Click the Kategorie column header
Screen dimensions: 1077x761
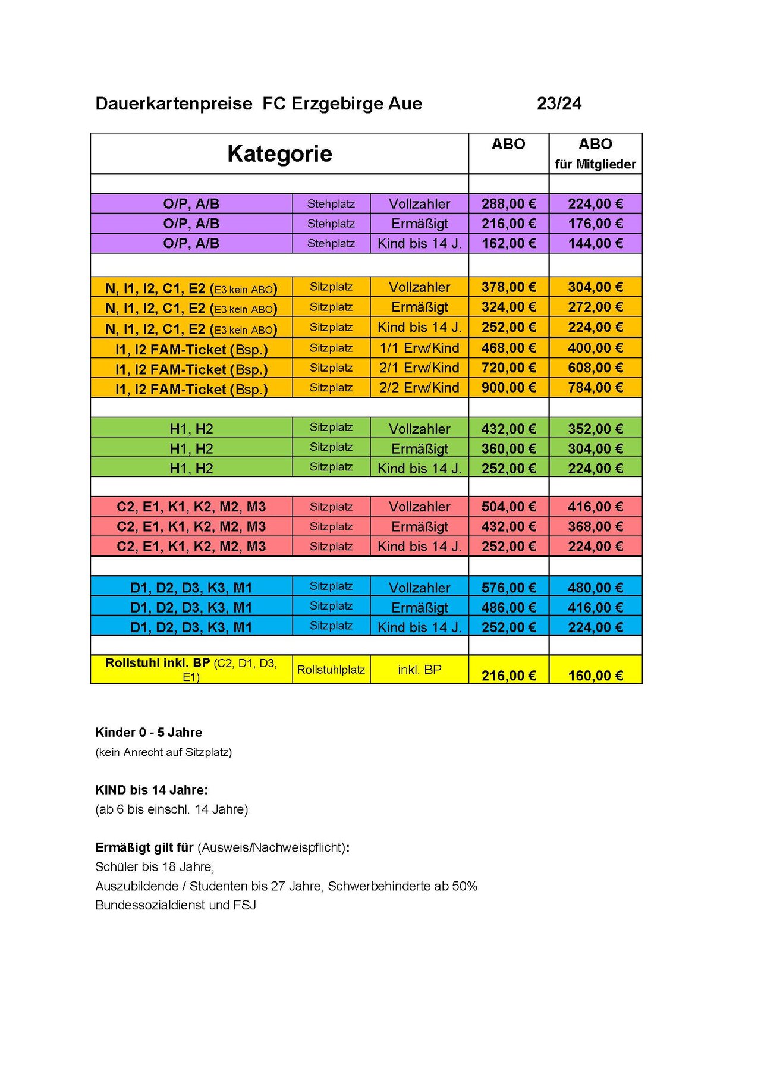point(279,154)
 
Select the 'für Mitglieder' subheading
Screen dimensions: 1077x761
point(595,164)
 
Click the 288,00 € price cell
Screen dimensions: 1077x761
point(508,204)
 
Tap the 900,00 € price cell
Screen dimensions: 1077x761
point(508,388)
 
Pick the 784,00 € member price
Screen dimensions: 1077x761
point(595,388)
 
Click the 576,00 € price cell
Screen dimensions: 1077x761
point(508,588)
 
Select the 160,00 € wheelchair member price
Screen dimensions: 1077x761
point(595,676)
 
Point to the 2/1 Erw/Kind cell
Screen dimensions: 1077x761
point(419,368)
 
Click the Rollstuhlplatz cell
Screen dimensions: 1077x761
point(331,670)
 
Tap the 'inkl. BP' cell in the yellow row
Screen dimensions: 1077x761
point(419,670)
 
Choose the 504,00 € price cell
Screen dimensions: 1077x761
point(508,507)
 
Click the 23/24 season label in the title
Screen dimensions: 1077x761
point(559,103)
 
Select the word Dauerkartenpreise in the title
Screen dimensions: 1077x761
point(174,103)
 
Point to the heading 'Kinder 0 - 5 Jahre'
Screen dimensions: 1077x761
point(149,732)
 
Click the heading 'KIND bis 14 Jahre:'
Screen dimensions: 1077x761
point(152,790)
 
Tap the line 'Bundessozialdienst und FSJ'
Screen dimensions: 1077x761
point(175,905)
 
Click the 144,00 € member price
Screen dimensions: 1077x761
point(595,243)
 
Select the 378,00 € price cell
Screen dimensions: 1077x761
point(508,287)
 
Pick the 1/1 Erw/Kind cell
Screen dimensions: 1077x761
point(419,348)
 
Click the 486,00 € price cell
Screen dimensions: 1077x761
point(508,607)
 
